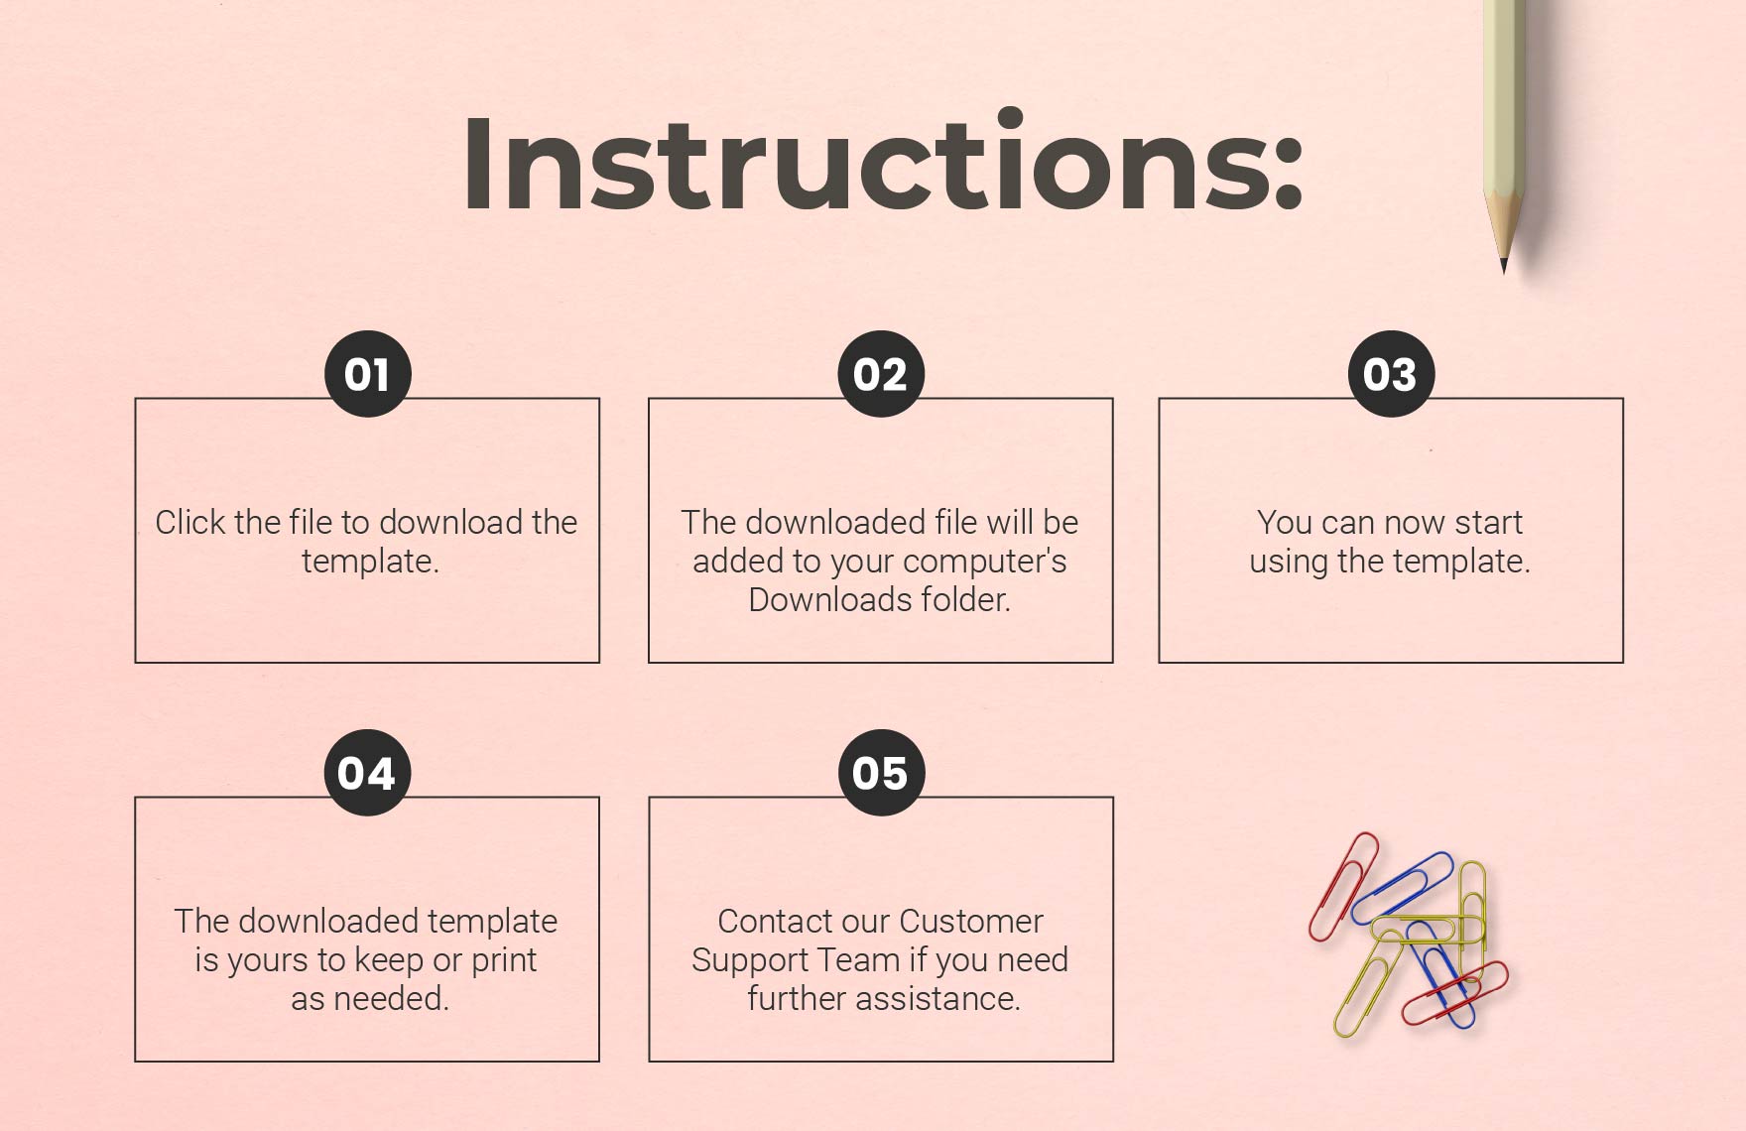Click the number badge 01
click(x=367, y=374)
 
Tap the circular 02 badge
click(x=880, y=374)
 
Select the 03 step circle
click(x=1391, y=374)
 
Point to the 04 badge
click(x=367, y=773)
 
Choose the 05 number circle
click(x=880, y=773)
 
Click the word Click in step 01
click(x=189, y=522)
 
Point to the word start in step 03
click(x=1488, y=522)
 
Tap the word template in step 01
click(x=369, y=562)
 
